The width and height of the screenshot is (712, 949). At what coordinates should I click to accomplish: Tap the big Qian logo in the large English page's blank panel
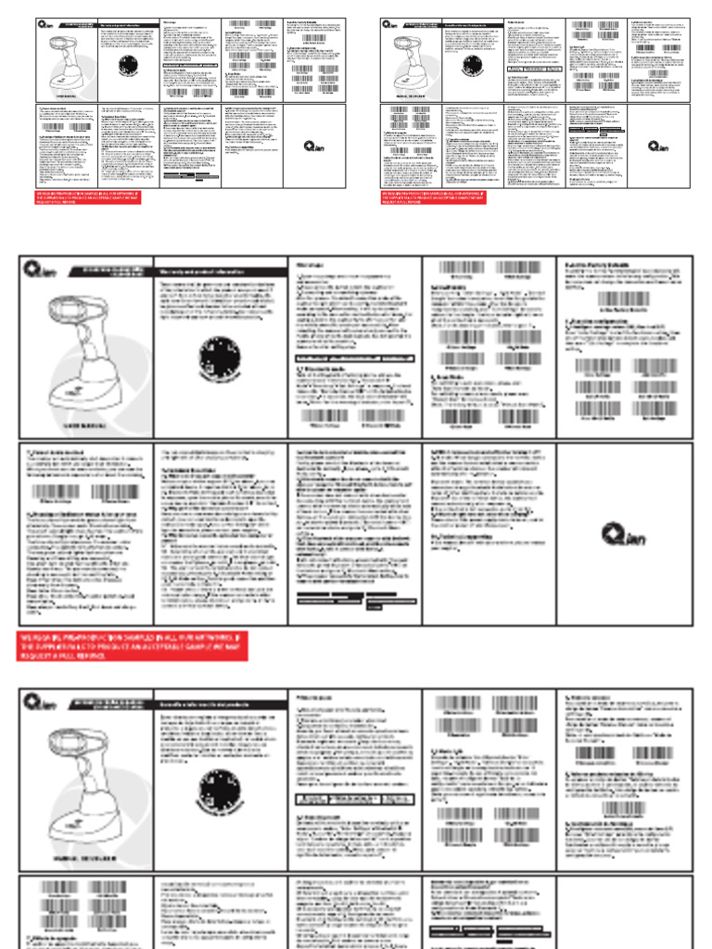[623, 535]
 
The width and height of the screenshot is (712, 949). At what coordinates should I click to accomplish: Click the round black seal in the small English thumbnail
[129, 68]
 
